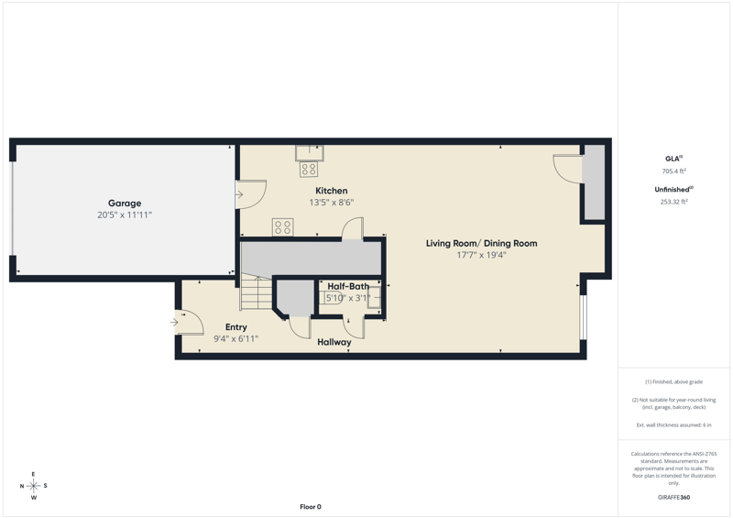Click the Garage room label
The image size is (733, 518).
click(x=125, y=204)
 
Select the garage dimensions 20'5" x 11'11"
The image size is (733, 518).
click(x=125, y=215)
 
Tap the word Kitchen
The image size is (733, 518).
click(x=332, y=191)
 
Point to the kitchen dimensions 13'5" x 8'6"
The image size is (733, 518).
click(x=332, y=202)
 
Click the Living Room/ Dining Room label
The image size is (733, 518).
click(x=482, y=243)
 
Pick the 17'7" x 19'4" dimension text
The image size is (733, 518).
click(x=482, y=255)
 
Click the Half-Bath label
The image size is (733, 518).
click(x=348, y=286)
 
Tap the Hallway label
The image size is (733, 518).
click(x=334, y=342)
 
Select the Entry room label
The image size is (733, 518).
click(x=236, y=327)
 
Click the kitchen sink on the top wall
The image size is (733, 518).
click(x=310, y=153)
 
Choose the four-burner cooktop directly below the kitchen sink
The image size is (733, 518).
click(x=309, y=170)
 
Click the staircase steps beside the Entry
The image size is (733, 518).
click(x=257, y=293)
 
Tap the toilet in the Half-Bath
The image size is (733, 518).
click(x=334, y=298)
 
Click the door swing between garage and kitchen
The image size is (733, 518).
click(x=251, y=193)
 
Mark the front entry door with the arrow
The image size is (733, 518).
click(x=189, y=323)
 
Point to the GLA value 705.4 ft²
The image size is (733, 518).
click(x=673, y=171)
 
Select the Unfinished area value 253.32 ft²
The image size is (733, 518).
click(x=673, y=202)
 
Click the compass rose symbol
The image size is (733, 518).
click(x=34, y=486)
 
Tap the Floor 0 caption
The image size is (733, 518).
click(x=311, y=507)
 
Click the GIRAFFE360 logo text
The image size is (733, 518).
click(x=673, y=498)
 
